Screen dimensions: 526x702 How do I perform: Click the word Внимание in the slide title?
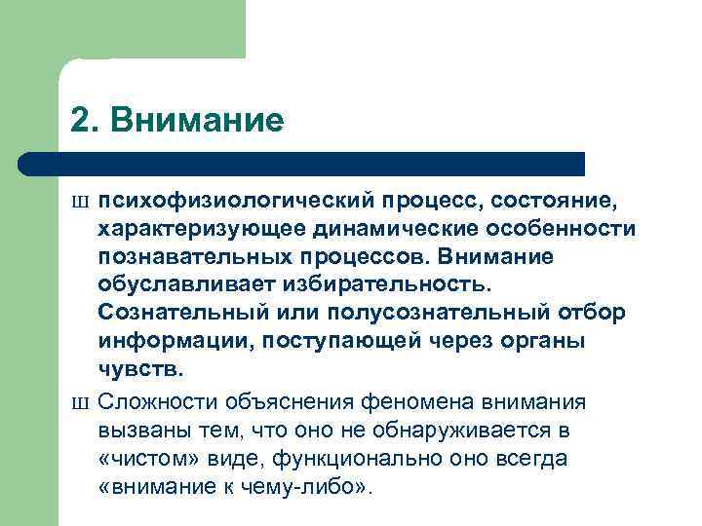(x=198, y=121)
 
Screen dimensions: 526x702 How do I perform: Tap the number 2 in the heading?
(x=81, y=121)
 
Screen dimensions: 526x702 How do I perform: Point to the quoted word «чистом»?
(x=140, y=458)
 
